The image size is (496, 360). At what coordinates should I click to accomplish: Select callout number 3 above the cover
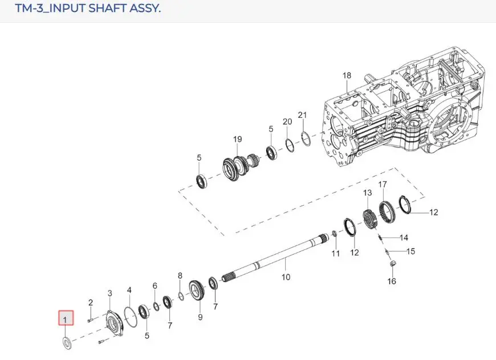click(x=110, y=293)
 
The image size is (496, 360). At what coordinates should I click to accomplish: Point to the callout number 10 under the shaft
click(x=286, y=277)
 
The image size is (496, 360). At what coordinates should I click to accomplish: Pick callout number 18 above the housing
click(x=347, y=75)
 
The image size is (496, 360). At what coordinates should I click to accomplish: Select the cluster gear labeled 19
click(x=241, y=166)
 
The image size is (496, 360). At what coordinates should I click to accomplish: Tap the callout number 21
click(x=302, y=115)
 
